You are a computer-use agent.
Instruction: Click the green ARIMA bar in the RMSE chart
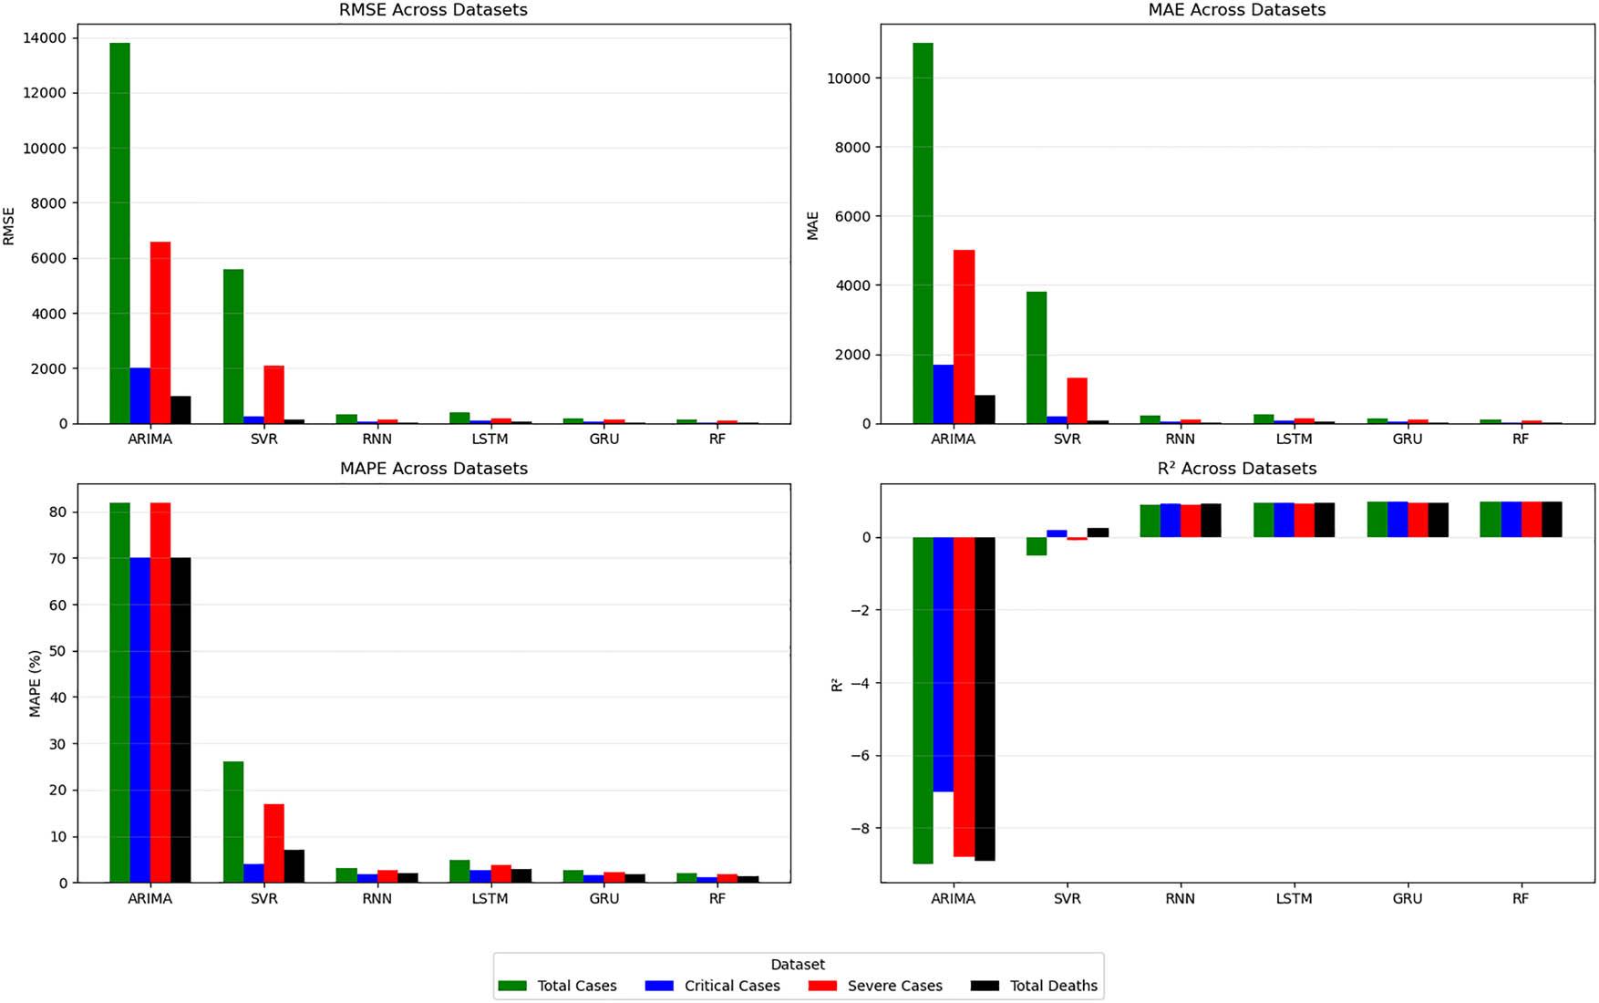[x=119, y=233]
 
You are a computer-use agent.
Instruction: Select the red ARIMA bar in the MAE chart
[x=964, y=336]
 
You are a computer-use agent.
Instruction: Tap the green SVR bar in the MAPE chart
[x=233, y=822]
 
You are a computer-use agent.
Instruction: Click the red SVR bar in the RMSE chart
[x=273, y=394]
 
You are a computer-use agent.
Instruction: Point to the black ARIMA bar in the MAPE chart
[x=181, y=719]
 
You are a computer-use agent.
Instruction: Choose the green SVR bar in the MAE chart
[x=1037, y=357]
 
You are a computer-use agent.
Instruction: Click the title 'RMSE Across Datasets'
[x=433, y=10]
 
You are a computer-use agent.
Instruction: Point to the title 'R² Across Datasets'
[x=1236, y=469]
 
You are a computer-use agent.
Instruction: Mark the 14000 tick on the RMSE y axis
[x=46, y=38]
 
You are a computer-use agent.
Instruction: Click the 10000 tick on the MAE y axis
[x=849, y=78]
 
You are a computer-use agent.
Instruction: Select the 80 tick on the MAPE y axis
[x=58, y=512]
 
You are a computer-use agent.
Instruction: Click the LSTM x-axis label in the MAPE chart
[x=490, y=898]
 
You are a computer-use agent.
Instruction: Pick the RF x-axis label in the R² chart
[x=1520, y=898]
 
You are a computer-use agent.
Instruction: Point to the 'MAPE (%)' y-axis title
[x=36, y=683]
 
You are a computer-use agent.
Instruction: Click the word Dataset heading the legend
[x=798, y=965]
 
